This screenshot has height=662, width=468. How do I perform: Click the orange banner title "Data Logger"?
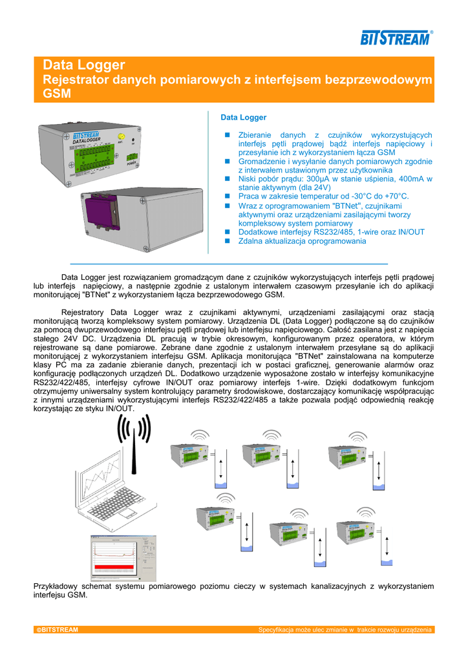83,65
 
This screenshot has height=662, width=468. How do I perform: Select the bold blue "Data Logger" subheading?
244,117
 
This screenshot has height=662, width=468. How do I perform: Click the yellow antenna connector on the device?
122,137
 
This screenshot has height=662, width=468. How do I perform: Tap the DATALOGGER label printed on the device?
86,140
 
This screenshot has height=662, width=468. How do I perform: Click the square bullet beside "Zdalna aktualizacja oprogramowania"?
227,241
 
